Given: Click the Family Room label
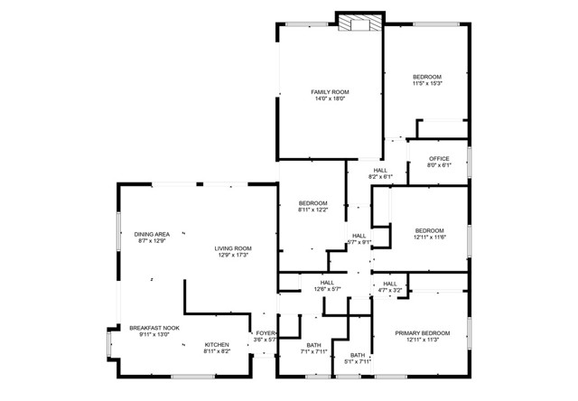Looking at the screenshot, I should pos(330,92).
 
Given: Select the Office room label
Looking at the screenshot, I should pos(439,159).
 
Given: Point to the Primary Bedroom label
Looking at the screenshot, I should pos(422,334).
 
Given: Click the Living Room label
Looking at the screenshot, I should pos(233,248).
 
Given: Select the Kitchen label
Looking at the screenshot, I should pos(217,344).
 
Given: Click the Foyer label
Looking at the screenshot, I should pos(265,333).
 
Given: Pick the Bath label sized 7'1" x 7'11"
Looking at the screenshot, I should pos(313,344).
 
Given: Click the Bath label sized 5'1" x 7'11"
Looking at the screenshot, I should pos(358,355).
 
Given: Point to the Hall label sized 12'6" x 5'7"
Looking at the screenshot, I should pos(327,283).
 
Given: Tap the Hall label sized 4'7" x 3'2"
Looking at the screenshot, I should pos(390,284).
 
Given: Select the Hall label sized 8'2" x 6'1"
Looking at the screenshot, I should pos(380,170).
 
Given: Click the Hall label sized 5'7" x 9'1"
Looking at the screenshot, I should pos(359,236).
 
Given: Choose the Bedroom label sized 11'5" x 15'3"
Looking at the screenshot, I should pos(427,78).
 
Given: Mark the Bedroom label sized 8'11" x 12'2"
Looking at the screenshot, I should pos(313,203).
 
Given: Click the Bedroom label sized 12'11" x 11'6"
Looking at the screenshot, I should pos(430,229).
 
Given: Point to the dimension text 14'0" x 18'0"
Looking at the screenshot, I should pos(330,98).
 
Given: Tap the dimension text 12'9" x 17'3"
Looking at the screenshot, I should pos(233,256).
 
